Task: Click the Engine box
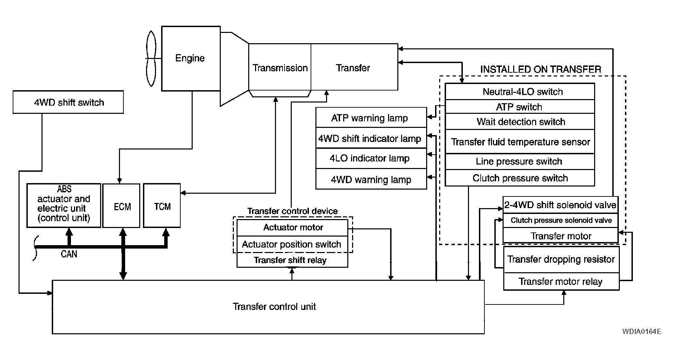pos(190,58)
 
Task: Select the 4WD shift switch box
pos(68,102)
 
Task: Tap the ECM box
pos(122,206)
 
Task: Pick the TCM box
pos(162,206)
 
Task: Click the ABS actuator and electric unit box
pos(64,205)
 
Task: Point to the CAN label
pos(69,254)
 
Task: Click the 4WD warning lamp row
pos(371,179)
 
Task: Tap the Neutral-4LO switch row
pos(520,92)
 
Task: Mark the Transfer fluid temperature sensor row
pos(520,142)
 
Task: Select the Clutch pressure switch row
pos(520,178)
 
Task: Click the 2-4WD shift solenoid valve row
pos(560,205)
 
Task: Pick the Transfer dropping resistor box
pos(561,260)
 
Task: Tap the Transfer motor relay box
pos(561,282)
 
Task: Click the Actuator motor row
pos(292,227)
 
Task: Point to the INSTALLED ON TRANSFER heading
pos(540,69)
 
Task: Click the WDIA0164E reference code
pos(642,332)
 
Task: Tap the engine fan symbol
pos(151,59)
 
